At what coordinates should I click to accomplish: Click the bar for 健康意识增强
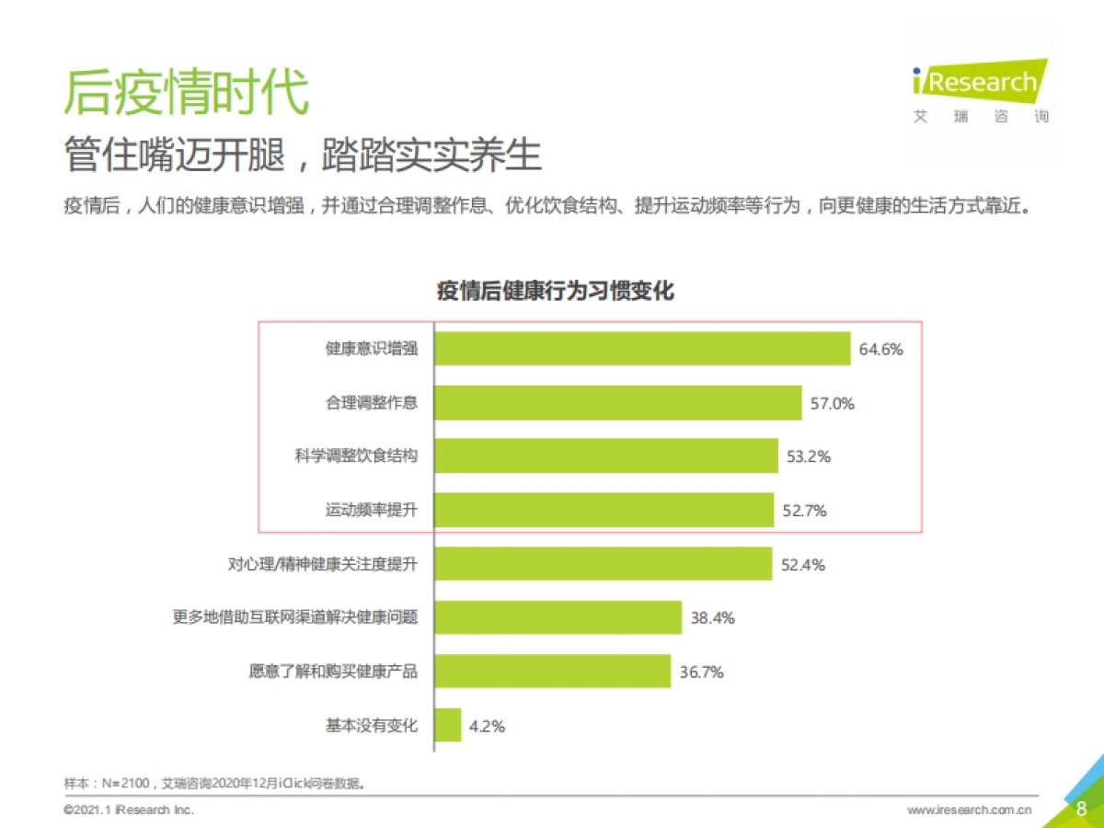pos(642,350)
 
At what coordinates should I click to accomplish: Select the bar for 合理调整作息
pos(618,403)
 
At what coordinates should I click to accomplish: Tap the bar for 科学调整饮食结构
pos(606,456)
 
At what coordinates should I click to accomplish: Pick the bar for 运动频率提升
pos(604,511)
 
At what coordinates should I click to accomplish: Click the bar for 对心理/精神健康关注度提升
pos(603,564)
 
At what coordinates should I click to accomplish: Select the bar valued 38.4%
pos(558,618)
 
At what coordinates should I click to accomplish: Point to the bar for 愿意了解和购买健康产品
pos(552,672)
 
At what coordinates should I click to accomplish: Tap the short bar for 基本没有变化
pos(448,725)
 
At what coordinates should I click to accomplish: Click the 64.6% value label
pos(880,350)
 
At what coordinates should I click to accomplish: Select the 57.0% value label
pos(833,403)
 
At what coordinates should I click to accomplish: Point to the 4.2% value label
pos(487,726)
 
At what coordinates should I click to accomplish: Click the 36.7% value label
pos(702,673)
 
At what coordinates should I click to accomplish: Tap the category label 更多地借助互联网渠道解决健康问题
pos(295,618)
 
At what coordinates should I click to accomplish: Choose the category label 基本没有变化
pos(372,726)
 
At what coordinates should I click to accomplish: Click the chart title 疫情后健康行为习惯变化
pos(555,292)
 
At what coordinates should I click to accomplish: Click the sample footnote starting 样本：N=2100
pos(221,784)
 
